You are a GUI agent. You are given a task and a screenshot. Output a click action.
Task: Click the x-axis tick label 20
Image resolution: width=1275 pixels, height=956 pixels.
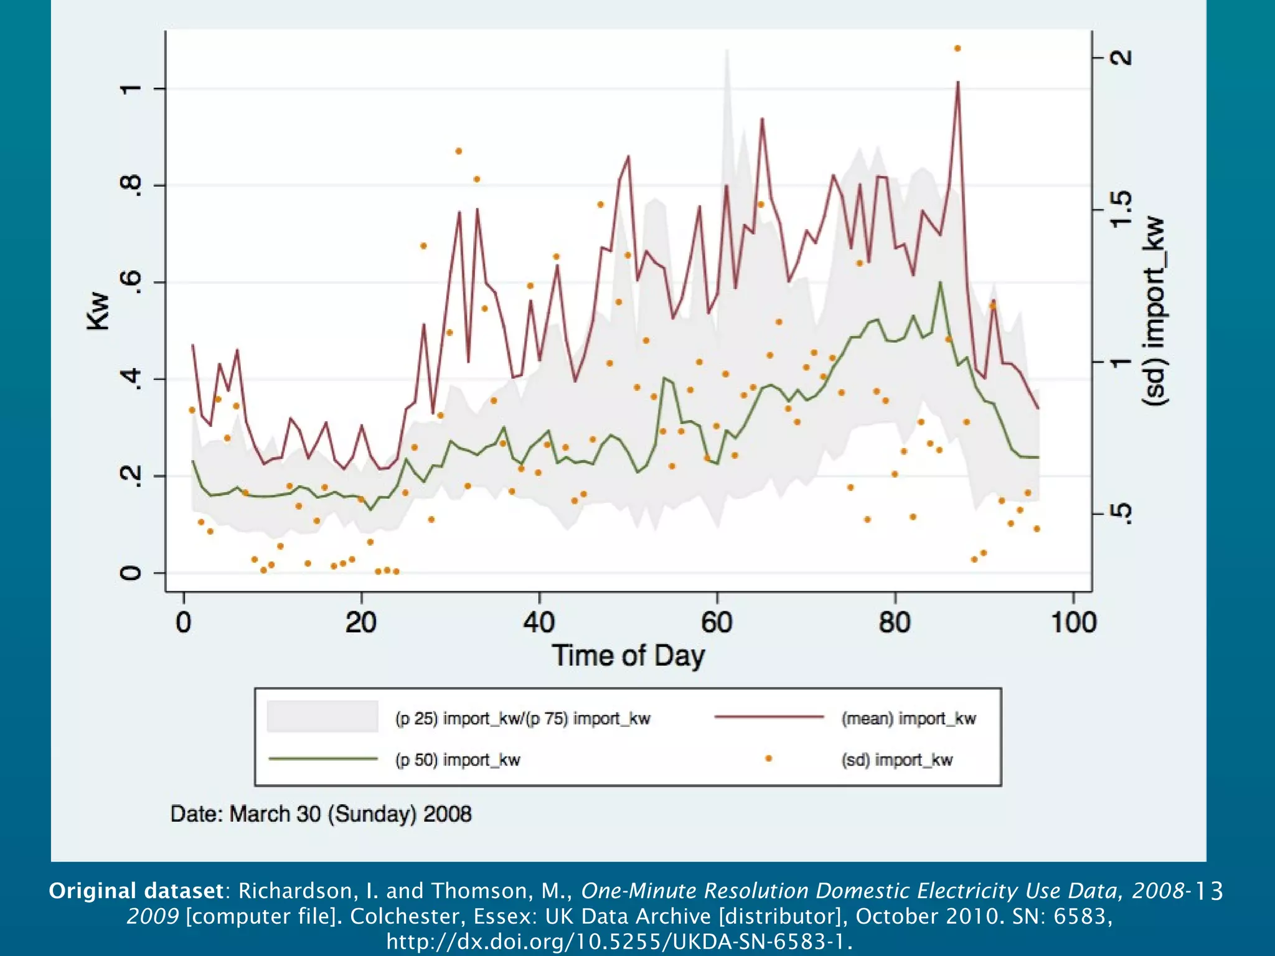coord(361,622)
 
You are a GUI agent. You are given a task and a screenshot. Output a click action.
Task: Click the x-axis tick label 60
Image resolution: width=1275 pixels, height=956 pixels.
coord(717,622)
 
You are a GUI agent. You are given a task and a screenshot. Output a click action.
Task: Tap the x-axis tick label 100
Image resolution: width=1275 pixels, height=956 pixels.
coord(1073,622)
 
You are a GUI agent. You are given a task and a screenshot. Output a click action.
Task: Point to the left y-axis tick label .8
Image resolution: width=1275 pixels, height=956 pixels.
coord(130,185)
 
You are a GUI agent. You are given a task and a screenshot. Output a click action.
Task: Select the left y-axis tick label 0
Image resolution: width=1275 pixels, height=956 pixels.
coord(130,573)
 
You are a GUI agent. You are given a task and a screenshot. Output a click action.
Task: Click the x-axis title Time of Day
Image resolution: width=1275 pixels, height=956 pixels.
coord(628,657)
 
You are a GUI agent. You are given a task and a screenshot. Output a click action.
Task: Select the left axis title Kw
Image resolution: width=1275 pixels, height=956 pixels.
coord(98,311)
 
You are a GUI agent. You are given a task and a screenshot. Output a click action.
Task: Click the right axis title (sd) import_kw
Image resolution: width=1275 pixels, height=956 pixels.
coord(1154,311)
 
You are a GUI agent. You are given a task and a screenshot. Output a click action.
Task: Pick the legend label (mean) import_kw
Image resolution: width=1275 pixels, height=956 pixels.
coord(908,718)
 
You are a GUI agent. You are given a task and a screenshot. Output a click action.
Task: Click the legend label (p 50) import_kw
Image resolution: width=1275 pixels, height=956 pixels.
coord(457,760)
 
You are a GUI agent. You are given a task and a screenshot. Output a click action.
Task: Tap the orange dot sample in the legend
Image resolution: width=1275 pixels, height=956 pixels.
coord(768,759)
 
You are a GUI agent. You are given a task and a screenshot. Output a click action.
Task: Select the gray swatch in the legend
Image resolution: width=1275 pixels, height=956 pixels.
coord(322,716)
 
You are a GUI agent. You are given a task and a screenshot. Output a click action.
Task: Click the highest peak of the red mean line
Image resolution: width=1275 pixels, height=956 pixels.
coord(957,82)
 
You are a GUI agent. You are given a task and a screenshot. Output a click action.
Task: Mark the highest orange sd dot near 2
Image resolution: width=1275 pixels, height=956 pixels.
coord(957,48)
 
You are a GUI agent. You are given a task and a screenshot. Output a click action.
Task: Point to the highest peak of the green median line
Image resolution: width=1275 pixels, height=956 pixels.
coord(940,283)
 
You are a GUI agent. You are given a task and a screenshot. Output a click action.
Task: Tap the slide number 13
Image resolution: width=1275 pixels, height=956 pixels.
coord(1210,891)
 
